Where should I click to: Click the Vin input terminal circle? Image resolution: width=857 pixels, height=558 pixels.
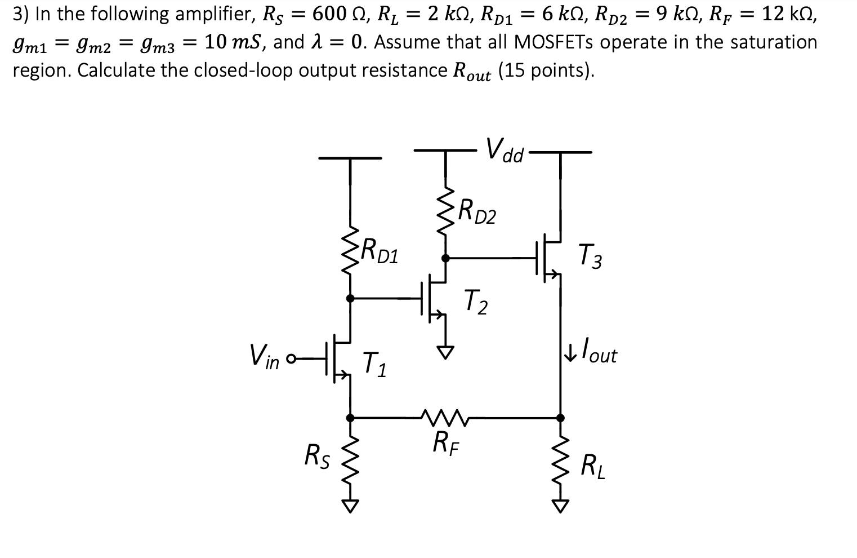tap(292, 359)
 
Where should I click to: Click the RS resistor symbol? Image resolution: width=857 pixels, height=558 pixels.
tap(350, 459)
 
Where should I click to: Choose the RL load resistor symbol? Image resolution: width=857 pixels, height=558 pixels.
tap(560, 459)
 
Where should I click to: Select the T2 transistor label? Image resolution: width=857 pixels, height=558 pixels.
tap(476, 302)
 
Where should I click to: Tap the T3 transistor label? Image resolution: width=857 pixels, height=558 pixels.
tap(590, 256)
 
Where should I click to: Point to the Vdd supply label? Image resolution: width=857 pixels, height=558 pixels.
tap(505, 150)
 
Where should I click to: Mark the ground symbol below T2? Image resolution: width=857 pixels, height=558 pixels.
tap(445, 352)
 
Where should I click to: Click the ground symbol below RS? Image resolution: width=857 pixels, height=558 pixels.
tap(350, 506)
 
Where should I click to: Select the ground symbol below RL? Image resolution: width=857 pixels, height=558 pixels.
tap(560, 506)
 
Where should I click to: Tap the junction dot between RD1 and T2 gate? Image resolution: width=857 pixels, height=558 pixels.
tap(350, 298)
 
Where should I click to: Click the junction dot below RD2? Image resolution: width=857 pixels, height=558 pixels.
tap(445, 258)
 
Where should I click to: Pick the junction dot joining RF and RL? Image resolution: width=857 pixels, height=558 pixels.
tap(560, 418)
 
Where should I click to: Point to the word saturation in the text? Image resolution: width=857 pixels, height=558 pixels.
tap(774, 42)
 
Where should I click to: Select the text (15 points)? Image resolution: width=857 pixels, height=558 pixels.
tap(546, 71)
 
